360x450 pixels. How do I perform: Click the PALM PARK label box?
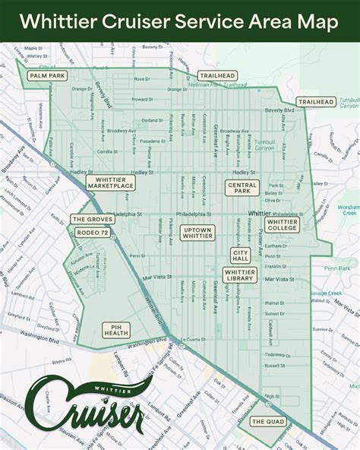point(46,76)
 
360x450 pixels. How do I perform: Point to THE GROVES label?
point(92,219)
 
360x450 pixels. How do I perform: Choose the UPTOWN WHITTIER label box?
point(197,233)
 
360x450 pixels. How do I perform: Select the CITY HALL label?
point(242,255)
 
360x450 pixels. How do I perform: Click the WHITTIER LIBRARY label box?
point(240,275)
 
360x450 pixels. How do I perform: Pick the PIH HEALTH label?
point(116,329)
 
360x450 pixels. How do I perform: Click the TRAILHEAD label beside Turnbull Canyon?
point(315,102)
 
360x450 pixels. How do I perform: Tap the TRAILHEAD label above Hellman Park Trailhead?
point(216,76)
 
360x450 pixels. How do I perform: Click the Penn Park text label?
point(339,268)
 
